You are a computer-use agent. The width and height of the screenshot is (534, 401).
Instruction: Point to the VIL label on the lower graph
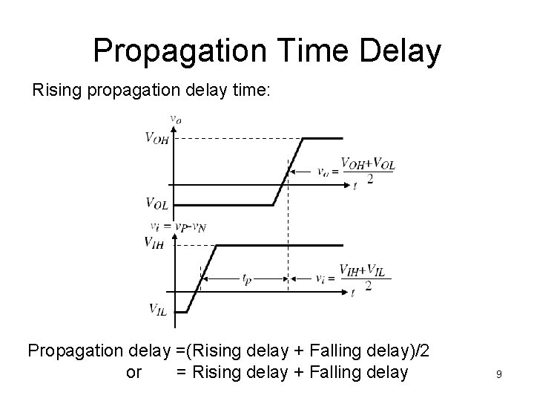156,310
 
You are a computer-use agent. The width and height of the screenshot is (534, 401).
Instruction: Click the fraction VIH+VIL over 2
365,277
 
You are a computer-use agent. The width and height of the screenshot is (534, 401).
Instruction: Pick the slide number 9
499,375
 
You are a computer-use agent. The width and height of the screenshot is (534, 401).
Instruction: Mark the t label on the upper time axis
355,186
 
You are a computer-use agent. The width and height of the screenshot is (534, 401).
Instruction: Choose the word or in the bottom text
134,372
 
